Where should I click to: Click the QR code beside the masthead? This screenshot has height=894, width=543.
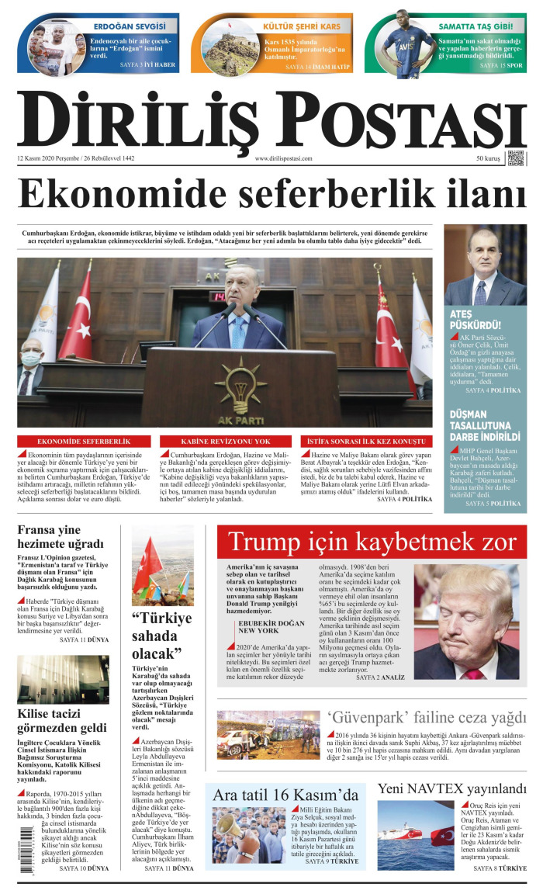click(x=516, y=158)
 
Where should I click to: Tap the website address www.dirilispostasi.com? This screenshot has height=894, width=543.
click(x=283, y=158)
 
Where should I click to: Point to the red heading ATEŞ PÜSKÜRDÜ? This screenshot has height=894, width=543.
click(x=475, y=319)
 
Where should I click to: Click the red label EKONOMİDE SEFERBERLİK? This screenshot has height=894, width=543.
click(x=84, y=441)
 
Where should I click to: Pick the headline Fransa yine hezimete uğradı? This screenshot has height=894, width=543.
click(x=61, y=537)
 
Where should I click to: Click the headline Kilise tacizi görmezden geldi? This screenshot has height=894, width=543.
click(x=62, y=720)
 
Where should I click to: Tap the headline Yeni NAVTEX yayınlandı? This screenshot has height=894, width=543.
click(x=452, y=789)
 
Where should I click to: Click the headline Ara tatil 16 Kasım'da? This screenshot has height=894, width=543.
click(x=285, y=795)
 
